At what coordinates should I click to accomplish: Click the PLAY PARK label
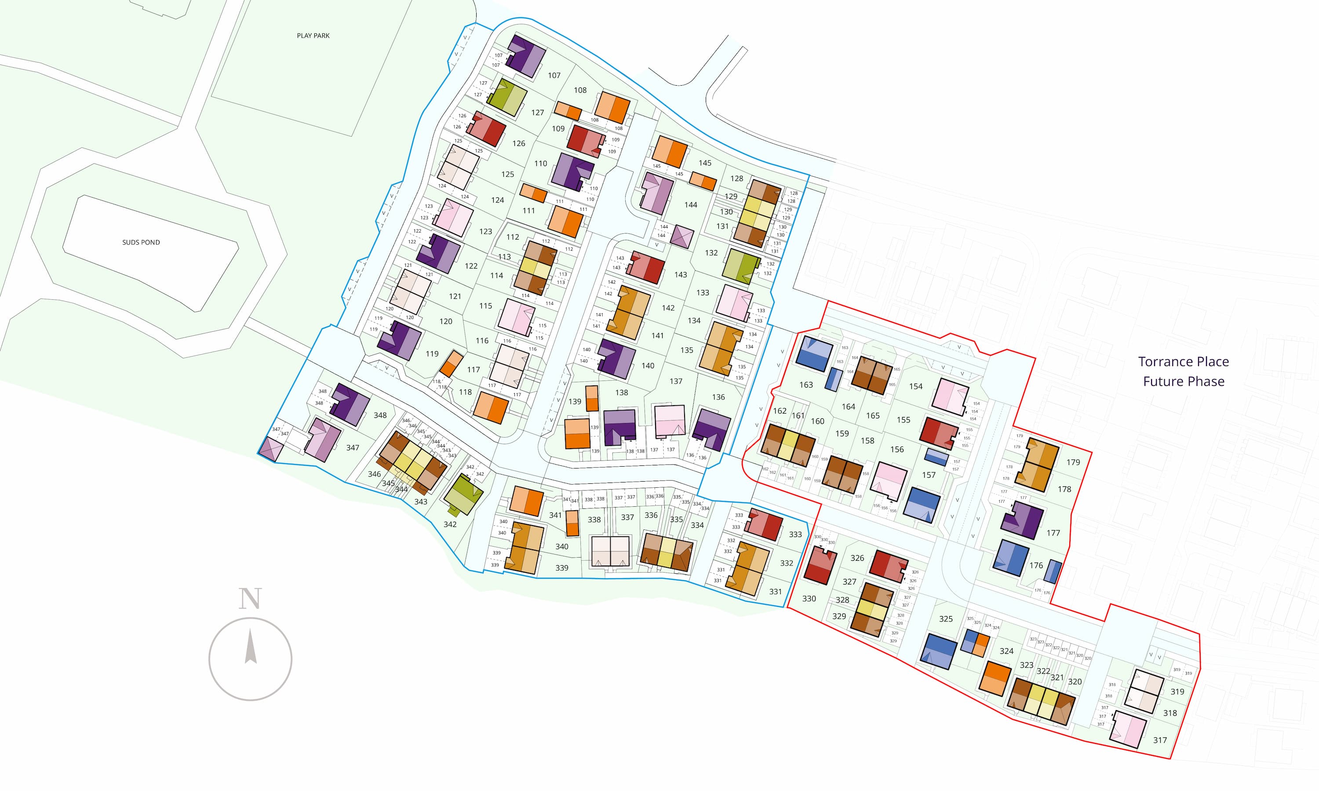[313, 36]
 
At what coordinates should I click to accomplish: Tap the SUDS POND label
[141, 242]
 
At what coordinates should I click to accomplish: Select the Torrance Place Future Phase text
[1183, 371]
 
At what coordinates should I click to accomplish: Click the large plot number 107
[554, 76]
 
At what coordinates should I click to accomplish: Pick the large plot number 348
[379, 415]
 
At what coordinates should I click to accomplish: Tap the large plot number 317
[1159, 740]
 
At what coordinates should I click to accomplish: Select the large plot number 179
[1073, 462]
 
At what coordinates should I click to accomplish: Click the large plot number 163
[805, 385]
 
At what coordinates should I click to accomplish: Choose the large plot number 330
[809, 599]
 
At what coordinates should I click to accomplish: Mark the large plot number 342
[449, 525]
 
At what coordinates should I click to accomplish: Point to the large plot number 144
[690, 205]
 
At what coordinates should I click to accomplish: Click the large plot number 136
[718, 397]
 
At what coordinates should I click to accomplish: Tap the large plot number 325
[945, 619]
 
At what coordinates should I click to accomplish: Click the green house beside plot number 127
[506, 97]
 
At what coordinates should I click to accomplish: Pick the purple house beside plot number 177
[1022, 520]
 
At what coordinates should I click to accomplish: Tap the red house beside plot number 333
[765, 525]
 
